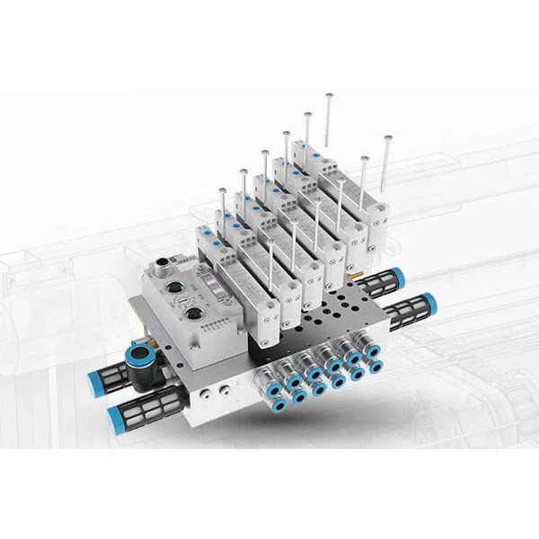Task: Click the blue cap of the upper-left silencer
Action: tap(96, 382)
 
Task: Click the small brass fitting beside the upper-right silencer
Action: tap(356, 268)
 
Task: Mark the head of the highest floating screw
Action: tap(330, 94)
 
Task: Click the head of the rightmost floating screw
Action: tap(388, 137)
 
